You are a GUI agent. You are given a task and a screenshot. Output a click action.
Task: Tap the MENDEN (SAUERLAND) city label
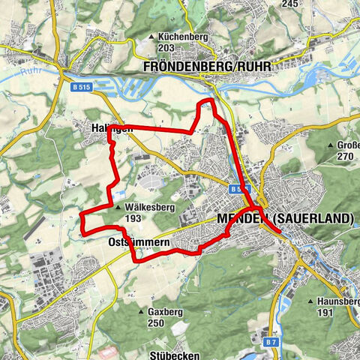[x=285, y=218]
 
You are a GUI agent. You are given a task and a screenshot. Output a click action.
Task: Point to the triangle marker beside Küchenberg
[x=151, y=36]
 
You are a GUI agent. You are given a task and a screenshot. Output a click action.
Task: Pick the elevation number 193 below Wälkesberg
[x=134, y=220]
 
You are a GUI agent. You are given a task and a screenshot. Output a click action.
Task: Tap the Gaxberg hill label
[x=166, y=311]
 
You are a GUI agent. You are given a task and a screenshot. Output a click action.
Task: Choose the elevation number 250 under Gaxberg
[x=155, y=322]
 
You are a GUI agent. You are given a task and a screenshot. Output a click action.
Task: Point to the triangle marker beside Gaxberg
[x=140, y=311]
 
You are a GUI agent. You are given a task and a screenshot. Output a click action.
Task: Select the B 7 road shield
[x=270, y=342]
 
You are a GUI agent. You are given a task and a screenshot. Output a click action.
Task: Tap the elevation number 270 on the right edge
[x=345, y=157]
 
